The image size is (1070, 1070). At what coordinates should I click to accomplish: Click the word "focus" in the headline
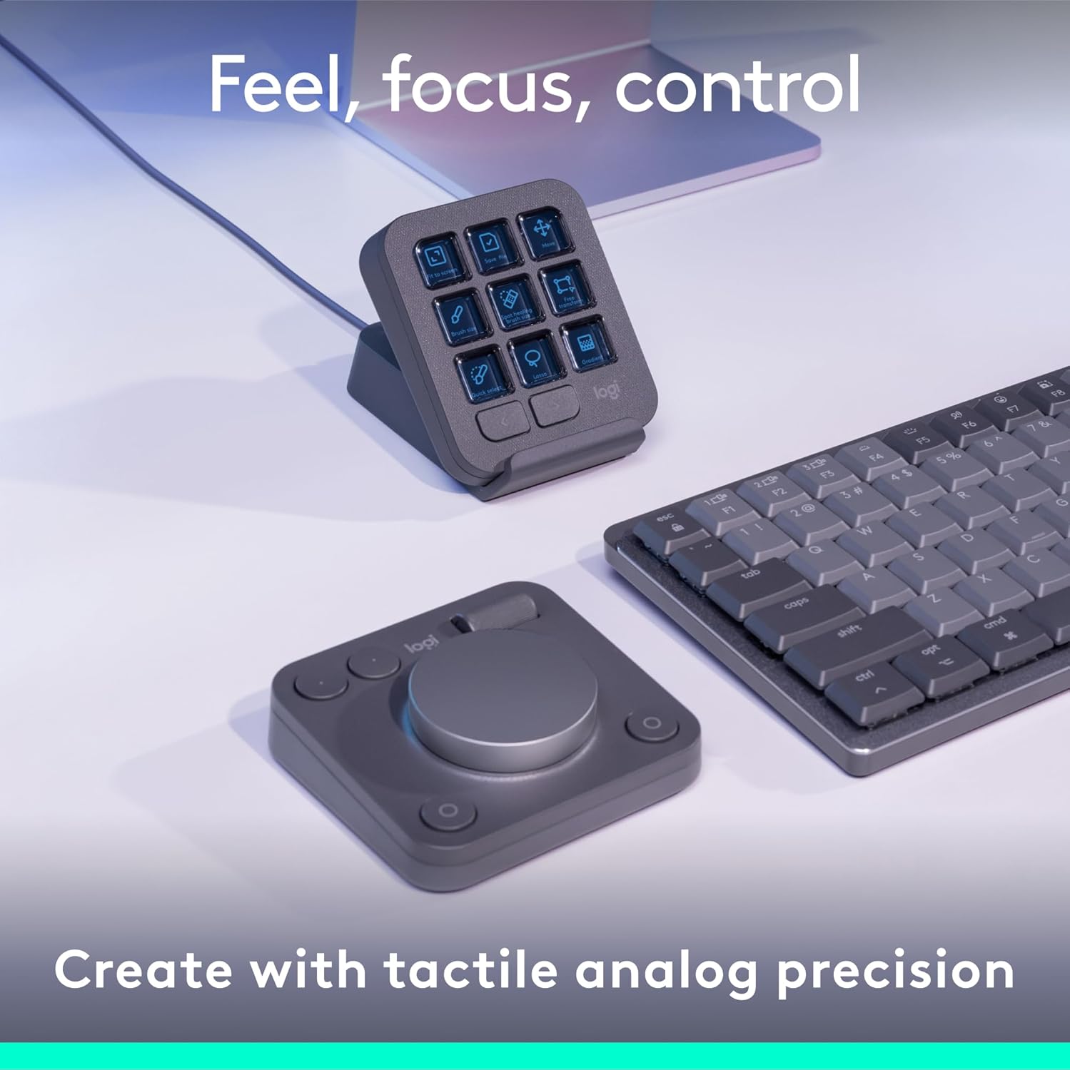475,86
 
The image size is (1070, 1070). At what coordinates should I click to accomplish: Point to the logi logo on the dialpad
420,647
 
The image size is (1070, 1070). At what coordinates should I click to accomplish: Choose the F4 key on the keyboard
876,457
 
